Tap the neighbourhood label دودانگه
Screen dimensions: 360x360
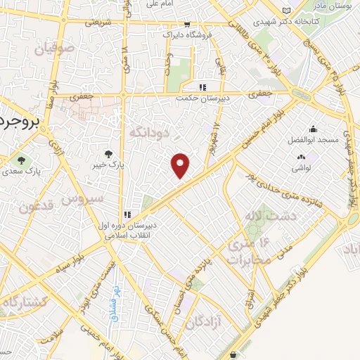[149, 132]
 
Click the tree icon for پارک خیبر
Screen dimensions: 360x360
[108, 153]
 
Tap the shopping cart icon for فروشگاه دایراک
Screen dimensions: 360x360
[184, 22]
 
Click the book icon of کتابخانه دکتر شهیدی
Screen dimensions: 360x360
[285, 10]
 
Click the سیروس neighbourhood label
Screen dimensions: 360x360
[85, 198]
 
